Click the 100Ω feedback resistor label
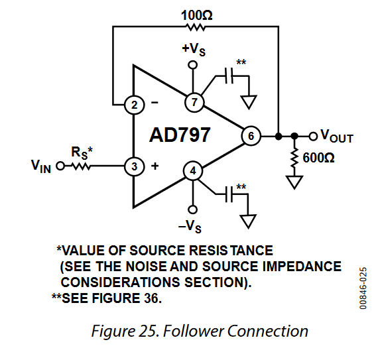196,14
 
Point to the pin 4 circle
193,172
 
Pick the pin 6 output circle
251,137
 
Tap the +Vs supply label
192,50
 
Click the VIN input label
40,166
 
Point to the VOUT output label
336,137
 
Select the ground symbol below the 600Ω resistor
292,181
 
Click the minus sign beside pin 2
155,103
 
